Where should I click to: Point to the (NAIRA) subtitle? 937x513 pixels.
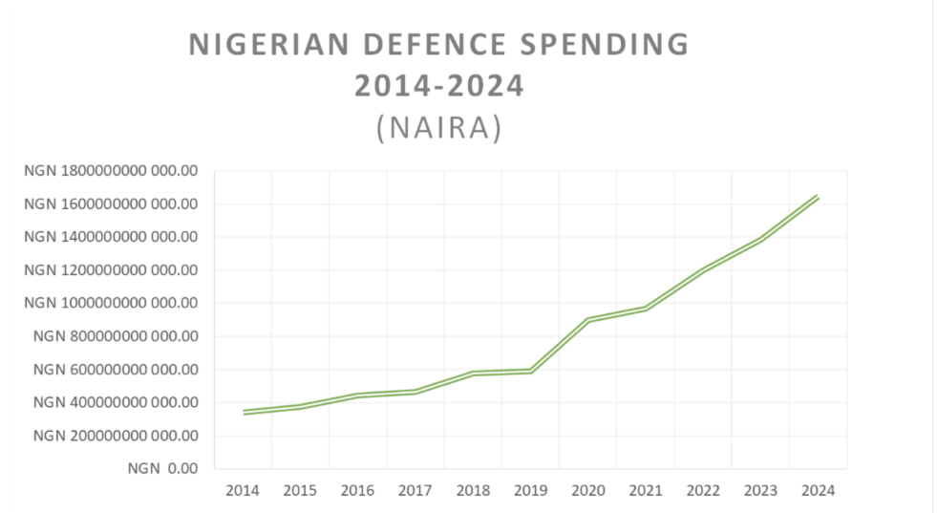pyautogui.click(x=439, y=128)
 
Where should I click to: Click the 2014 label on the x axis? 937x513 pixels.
pyautogui.click(x=243, y=490)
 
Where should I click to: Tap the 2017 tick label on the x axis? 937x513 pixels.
pyautogui.click(x=415, y=490)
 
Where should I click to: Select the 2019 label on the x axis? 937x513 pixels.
pyautogui.click(x=531, y=490)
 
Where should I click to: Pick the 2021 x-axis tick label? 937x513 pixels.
pyautogui.click(x=647, y=490)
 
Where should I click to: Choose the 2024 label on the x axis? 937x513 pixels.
pyautogui.click(x=819, y=490)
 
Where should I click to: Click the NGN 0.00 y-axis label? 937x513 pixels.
pyautogui.click(x=162, y=469)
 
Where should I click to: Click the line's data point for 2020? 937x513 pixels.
pyautogui.click(x=588, y=320)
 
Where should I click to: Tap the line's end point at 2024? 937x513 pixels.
pyautogui.click(x=819, y=197)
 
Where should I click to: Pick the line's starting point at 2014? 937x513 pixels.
pyautogui.click(x=243, y=413)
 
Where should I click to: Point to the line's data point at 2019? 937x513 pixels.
pyautogui.click(x=531, y=371)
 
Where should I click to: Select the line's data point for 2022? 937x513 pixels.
pyautogui.click(x=704, y=270)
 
